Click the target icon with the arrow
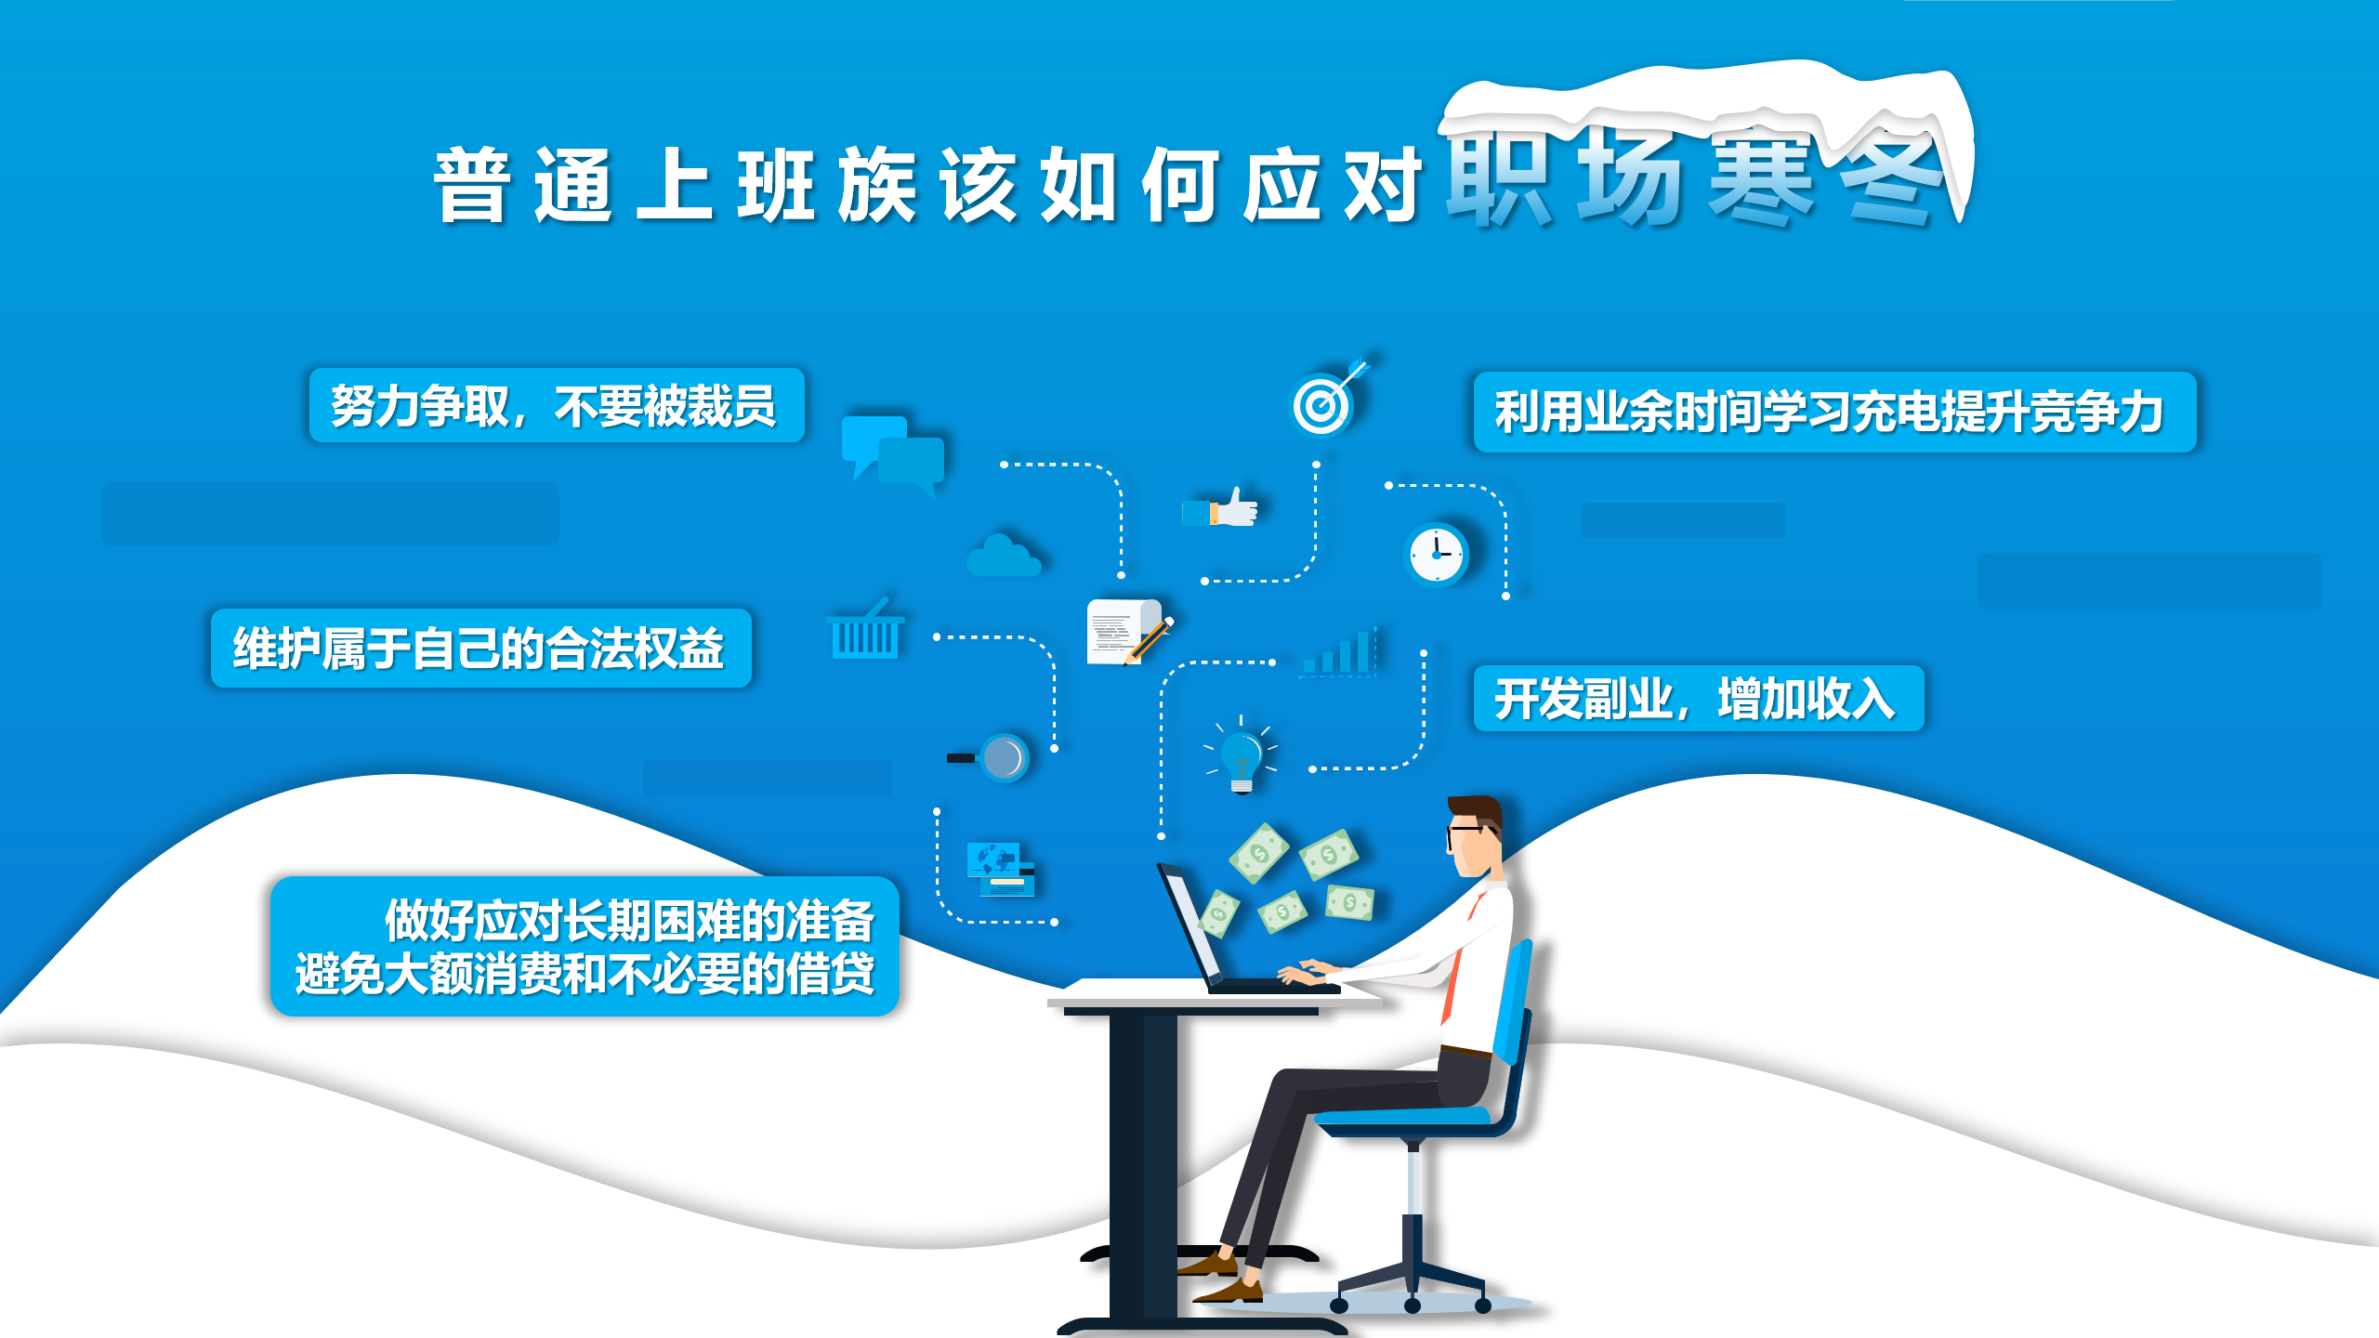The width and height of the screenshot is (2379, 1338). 1326,400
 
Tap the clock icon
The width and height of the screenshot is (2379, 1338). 1436,555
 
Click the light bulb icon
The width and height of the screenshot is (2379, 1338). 1242,755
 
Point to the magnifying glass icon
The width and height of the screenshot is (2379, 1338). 991,758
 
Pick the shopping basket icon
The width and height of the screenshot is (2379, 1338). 866,628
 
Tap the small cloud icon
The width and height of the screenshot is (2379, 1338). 1003,555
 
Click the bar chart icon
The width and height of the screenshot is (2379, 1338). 1339,651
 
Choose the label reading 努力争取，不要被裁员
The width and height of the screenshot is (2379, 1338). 556,406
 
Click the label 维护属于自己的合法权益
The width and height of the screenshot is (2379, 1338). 480,649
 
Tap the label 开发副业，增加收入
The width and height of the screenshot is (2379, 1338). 1698,699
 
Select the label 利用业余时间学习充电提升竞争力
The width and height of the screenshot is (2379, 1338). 1834,413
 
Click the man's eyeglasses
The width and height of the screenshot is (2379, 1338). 1469,833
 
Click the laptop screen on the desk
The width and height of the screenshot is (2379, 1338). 1190,924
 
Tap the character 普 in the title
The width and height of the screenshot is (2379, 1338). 473,185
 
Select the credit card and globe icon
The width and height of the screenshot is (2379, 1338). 1000,870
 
